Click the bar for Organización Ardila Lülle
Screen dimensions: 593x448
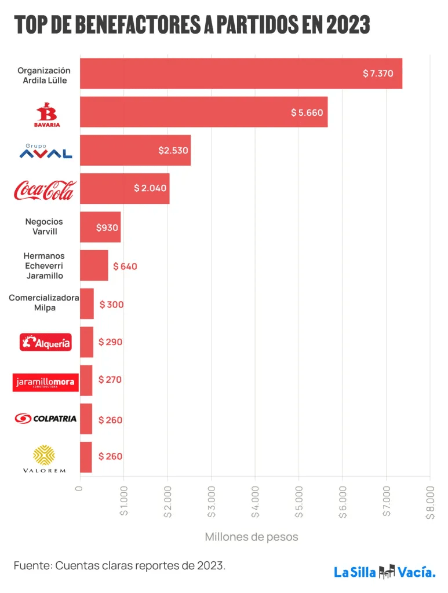point(241,74)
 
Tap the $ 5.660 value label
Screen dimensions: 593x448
point(307,112)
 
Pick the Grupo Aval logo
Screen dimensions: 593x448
point(46,151)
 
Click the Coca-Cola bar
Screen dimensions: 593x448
point(125,188)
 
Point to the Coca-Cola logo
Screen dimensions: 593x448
point(45,190)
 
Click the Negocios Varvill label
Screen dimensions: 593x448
point(44,226)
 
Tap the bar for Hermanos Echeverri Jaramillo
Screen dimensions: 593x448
point(94,265)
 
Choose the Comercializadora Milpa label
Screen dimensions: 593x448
point(44,302)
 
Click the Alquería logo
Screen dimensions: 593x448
point(46,342)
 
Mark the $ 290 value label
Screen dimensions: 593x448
point(110,342)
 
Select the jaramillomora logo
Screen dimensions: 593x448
point(45,382)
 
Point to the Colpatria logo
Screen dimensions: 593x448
point(46,418)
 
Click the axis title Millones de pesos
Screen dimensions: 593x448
point(252,537)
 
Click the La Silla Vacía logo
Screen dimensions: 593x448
point(384,572)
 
